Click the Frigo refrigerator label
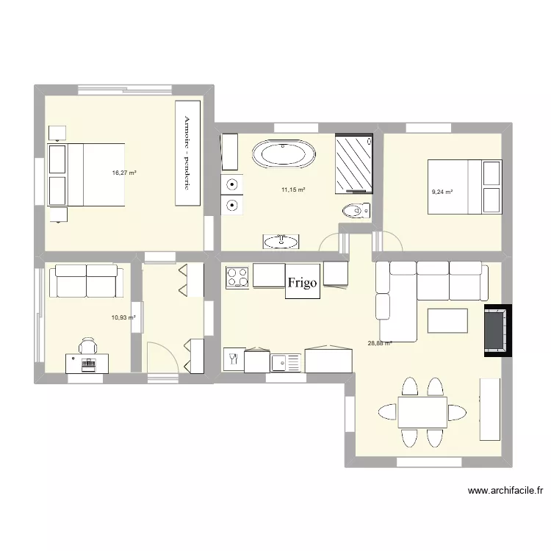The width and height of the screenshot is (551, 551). coord(303,283)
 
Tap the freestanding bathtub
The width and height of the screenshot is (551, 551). coord(284,155)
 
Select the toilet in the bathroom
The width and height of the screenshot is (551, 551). coord(356,211)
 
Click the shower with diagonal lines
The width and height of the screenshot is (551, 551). coord(354,162)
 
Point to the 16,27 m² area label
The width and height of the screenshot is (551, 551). coord(124,173)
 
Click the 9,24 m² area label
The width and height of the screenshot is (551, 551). coord(442,192)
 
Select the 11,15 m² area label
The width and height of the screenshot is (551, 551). coord(293,190)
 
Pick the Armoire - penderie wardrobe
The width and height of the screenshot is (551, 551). coord(187,153)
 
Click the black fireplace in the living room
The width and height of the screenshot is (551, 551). coord(495,330)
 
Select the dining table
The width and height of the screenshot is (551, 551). coord(422,412)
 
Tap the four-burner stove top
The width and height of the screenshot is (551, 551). coord(238,276)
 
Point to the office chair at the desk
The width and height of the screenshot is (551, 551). coord(88,346)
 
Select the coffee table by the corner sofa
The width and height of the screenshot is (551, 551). coord(447,321)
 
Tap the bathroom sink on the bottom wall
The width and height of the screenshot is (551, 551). coord(281,241)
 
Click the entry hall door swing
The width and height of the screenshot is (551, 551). coord(160,358)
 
